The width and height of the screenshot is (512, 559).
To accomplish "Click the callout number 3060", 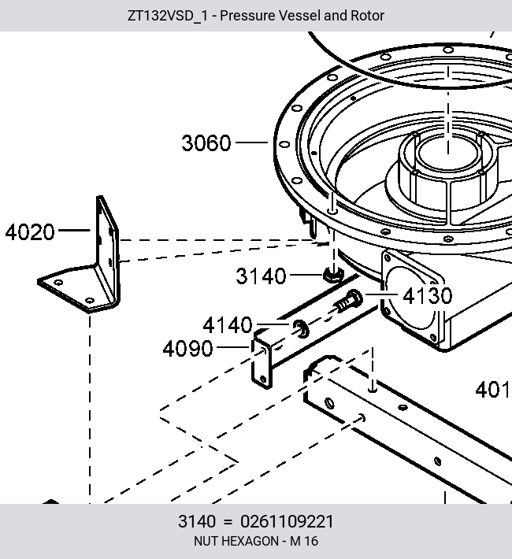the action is tap(206, 143).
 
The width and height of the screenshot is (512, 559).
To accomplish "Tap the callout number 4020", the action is tap(30, 232).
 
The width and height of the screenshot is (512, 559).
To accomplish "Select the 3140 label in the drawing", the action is tap(261, 276).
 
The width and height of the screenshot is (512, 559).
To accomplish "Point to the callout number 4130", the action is tap(428, 296).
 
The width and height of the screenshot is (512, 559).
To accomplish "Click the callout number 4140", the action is tap(228, 325).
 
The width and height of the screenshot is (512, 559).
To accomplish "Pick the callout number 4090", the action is tap(187, 349).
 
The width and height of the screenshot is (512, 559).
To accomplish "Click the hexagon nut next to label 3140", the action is tap(334, 275).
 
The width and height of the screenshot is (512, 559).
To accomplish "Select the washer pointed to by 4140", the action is tap(301, 328).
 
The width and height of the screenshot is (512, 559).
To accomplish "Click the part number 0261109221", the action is tap(287, 521).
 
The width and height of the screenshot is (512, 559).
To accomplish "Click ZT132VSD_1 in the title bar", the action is tap(167, 16).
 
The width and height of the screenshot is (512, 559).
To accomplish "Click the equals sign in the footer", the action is tap(228, 522).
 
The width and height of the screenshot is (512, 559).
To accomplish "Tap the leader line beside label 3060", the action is tap(252, 143).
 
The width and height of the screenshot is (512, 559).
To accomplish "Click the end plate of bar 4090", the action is tap(262, 362).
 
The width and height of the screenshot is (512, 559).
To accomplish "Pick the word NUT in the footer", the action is tap(204, 541).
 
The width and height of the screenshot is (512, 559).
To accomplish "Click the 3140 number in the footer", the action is tap(197, 521).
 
